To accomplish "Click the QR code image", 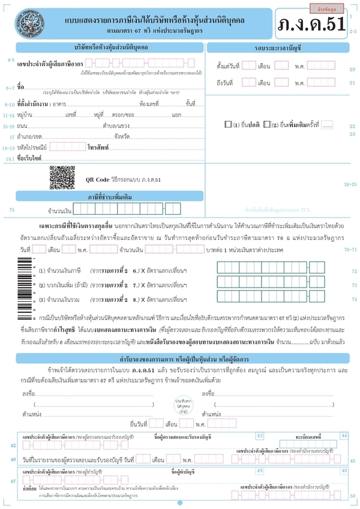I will click(x=61, y=178).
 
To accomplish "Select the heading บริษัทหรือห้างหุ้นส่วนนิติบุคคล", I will click(x=112, y=46).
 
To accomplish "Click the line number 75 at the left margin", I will click(x=12, y=209).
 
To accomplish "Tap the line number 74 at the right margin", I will click(x=353, y=298).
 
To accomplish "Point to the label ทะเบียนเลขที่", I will click(x=309, y=437).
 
